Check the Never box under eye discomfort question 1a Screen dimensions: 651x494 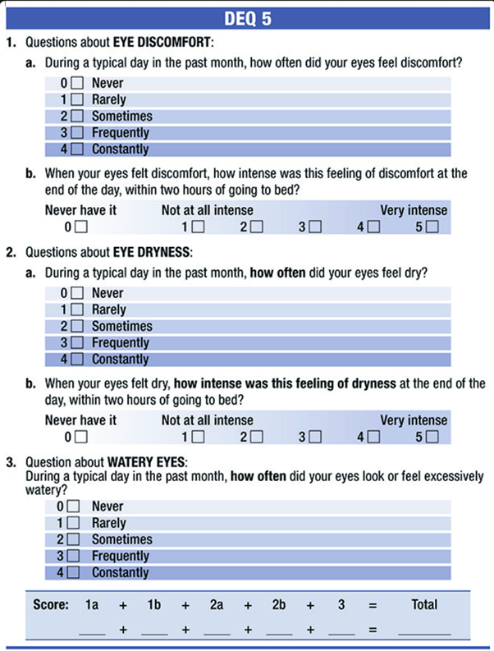click(76, 83)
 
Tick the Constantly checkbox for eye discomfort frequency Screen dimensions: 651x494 click(76, 149)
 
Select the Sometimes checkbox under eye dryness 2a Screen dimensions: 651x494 click(76, 326)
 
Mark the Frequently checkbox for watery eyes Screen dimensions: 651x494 click(73, 556)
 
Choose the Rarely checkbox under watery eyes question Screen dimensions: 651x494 click(73, 523)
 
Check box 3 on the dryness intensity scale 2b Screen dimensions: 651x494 click(315, 437)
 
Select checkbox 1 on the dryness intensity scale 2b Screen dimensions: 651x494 click(198, 437)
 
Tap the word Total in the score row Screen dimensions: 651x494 click(424, 605)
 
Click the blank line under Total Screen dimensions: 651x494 click(424, 633)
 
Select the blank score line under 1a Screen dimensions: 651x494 click(93, 633)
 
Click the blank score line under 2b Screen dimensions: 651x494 click(279, 633)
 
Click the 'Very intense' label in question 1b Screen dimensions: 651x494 click(414, 209)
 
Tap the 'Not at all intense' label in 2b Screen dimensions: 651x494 click(207, 419)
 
